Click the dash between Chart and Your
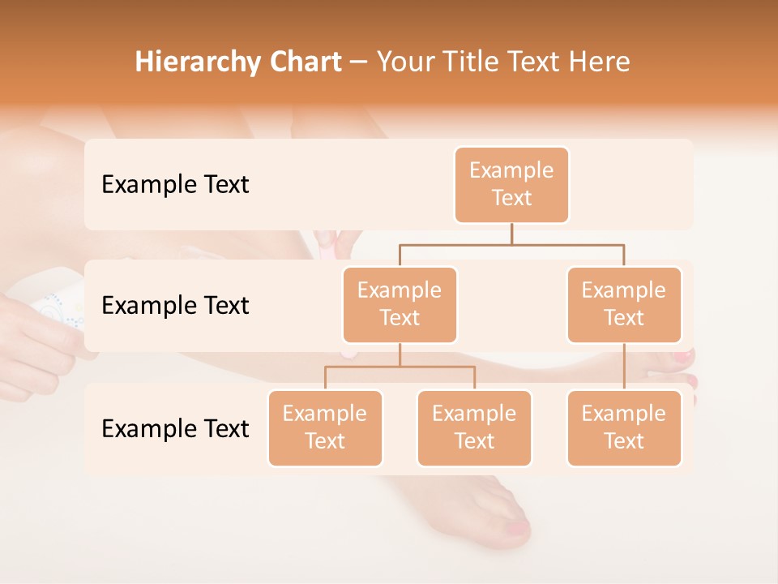click(x=358, y=62)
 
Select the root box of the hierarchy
click(x=511, y=185)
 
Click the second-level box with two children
click(x=400, y=304)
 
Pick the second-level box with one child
click(x=624, y=304)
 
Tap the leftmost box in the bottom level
click(x=325, y=427)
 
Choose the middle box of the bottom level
click(x=474, y=427)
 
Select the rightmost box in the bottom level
click(x=624, y=427)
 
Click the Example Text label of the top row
click(x=175, y=185)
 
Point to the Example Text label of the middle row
click(x=175, y=306)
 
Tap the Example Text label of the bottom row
click(x=175, y=428)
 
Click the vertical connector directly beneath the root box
click(x=511, y=234)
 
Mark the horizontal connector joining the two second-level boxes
click(x=511, y=244)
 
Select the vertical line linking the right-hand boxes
click(x=624, y=367)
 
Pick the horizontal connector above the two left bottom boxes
click(x=400, y=367)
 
